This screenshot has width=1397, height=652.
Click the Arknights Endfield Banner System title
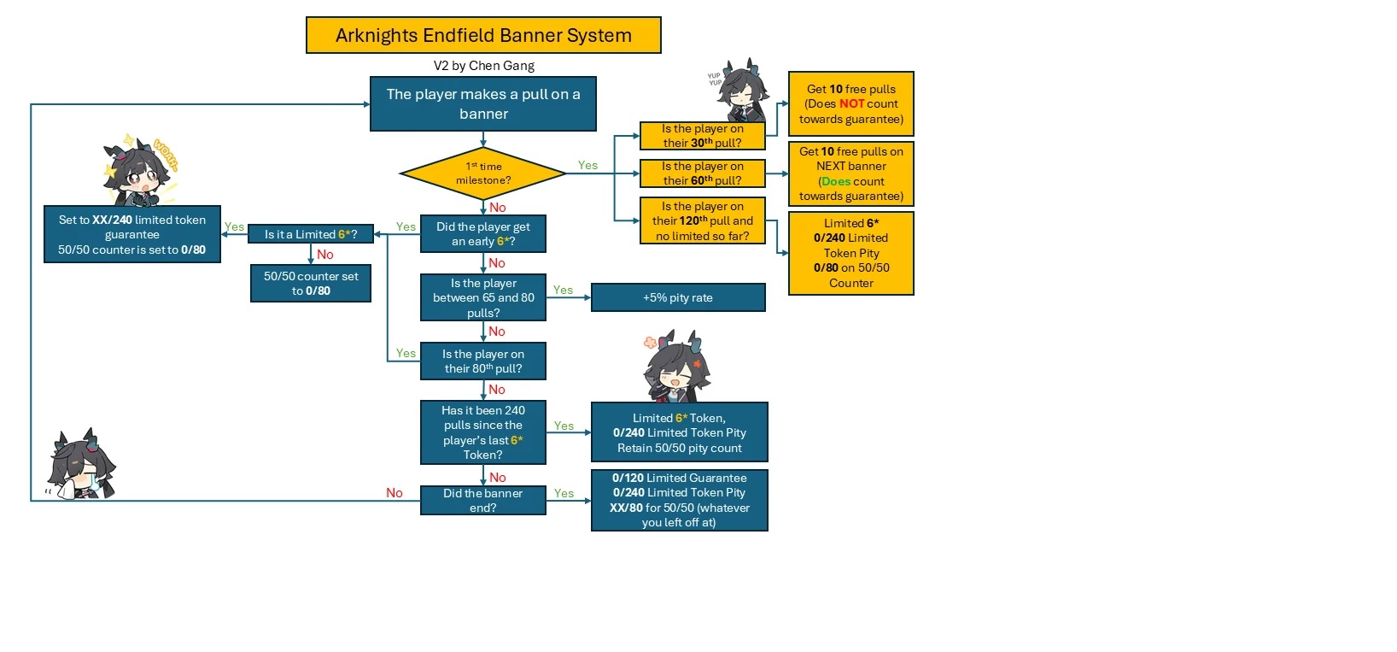(x=483, y=35)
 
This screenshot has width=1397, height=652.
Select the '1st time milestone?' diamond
(x=483, y=173)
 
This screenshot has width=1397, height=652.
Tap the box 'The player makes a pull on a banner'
(x=483, y=104)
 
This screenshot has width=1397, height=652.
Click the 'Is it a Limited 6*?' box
(x=311, y=234)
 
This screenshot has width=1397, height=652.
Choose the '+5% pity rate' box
(x=678, y=297)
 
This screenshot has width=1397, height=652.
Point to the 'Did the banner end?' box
(x=483, y=501)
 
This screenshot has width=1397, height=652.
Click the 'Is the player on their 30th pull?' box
(x=702, y=136)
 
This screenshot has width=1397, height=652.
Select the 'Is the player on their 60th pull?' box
(x=702, y=173)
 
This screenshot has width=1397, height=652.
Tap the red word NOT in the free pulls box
(x=851, y=104)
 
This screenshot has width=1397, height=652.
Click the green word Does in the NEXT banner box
(x=836, y=181)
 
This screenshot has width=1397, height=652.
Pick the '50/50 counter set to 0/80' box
(x=311, y=284)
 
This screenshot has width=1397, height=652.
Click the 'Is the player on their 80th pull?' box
(x=483, y=361)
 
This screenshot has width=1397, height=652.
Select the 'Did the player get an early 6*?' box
(x=483, y=234)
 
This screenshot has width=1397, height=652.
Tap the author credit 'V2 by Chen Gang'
(x=483, y=66)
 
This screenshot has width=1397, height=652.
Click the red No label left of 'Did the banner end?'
(x=394, y=493)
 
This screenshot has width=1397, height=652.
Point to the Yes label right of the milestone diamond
(x=587, y=166)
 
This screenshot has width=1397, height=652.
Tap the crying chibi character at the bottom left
(x=81, y=466)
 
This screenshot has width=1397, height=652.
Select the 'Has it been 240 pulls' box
(x=483, y=432)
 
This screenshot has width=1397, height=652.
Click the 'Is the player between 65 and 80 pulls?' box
(x=483, y=297)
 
